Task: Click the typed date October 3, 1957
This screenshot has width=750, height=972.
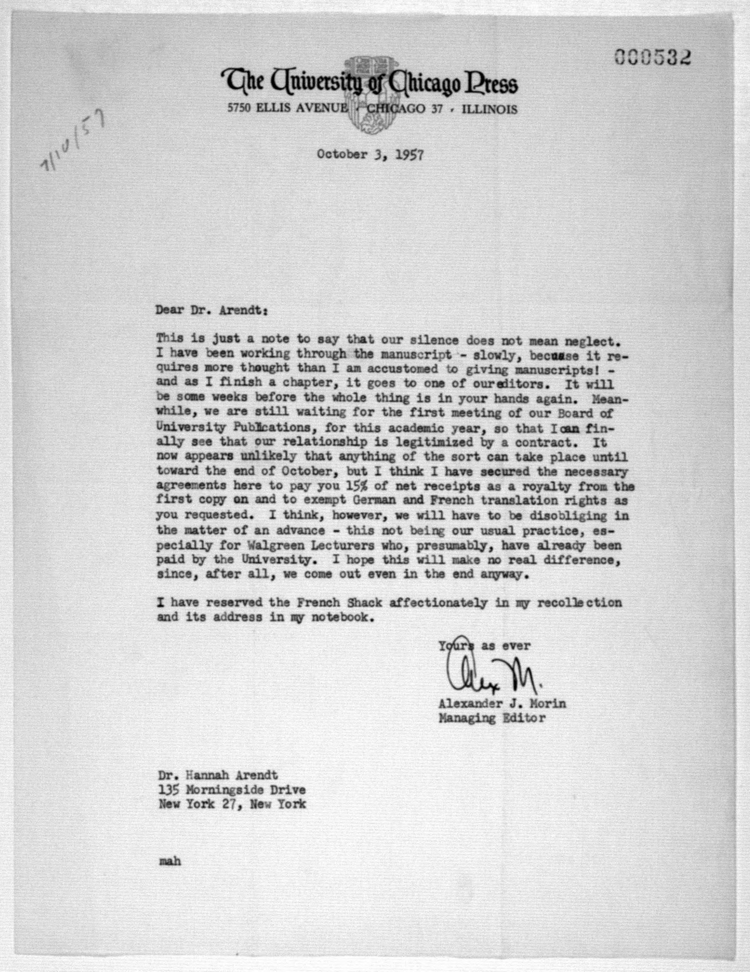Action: (370, 155)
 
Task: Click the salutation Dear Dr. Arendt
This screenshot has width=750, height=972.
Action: (211, 310)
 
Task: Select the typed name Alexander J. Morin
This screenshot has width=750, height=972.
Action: (502, 704)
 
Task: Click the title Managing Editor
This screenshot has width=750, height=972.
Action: (491, 718)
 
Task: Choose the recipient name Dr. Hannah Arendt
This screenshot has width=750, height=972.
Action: (218, 775)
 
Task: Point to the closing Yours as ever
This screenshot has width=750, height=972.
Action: (484, 645)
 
